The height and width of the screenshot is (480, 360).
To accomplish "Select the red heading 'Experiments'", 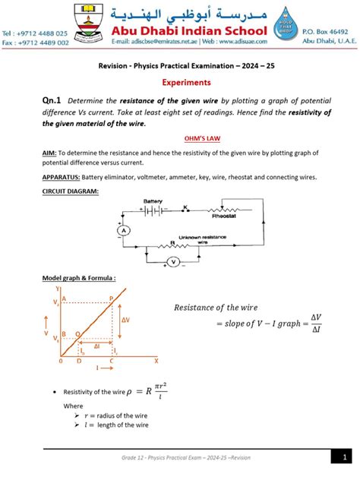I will tap(179, 82).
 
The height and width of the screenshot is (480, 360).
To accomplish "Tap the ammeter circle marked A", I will tap(118, 230).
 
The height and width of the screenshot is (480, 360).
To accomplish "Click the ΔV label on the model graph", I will tap(125, 321).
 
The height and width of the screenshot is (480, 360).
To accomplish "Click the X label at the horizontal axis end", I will tap(156, 360).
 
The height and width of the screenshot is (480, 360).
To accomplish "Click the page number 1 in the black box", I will tap(343, 456).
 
